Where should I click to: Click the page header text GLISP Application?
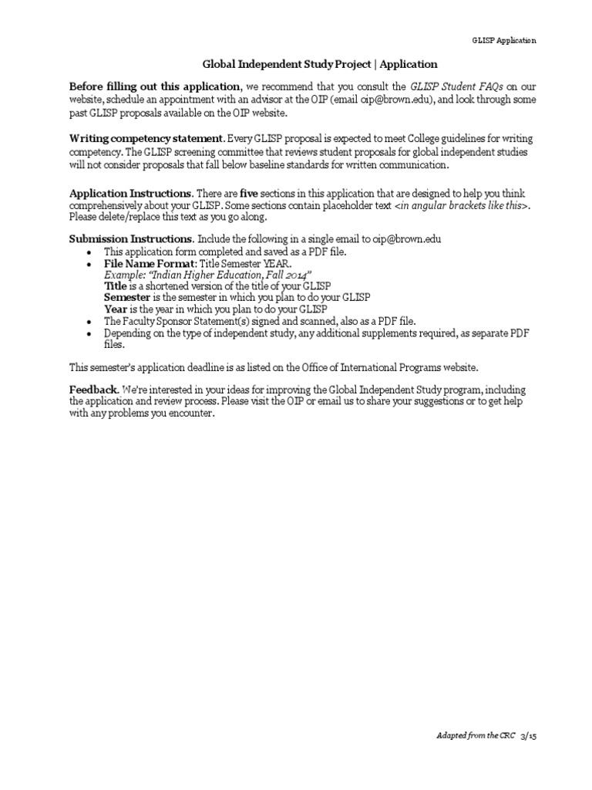503,41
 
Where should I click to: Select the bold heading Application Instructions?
131,192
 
